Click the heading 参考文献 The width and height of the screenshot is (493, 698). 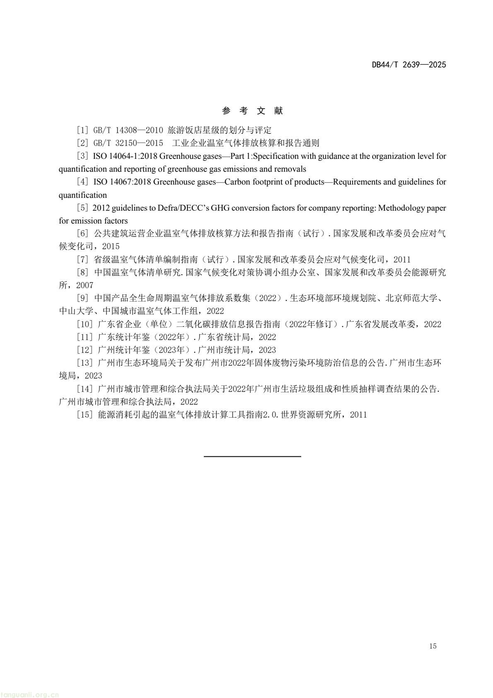(252, 111)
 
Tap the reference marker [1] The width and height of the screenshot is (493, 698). (83, 130)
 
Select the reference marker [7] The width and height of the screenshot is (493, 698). (83, 260)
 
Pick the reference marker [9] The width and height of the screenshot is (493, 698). (83, 298)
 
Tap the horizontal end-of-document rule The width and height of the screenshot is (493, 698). (252, 457)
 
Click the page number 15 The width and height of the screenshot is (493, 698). (433, 646)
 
